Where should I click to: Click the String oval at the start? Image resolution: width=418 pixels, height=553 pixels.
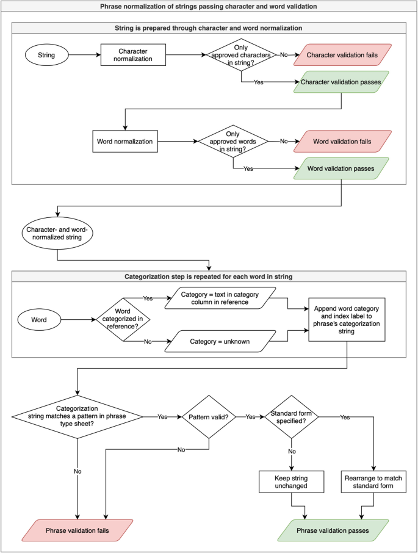pyautogui.click(x=46, y=55)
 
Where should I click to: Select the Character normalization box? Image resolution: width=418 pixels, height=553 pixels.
pyautogui.click(x=133, y=55)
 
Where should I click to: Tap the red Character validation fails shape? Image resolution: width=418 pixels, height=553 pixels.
pyautogui.click(x=342, y=55)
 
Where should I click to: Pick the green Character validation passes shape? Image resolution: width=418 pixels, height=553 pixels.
pyautogui.click(x=341, y=82)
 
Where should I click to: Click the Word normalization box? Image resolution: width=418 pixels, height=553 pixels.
pyautogui.click(x=125, y=142)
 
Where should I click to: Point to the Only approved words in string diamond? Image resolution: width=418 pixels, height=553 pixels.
pyautogui.click(x=233, y=142)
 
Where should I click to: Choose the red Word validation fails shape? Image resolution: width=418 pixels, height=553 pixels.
pyautogui.click(x=342, y=142)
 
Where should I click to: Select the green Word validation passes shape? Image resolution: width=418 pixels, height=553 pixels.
pyautogui.click(x=341, y=168)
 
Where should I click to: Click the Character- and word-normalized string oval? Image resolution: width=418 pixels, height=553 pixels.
pyautogui.click(x=57, y=234)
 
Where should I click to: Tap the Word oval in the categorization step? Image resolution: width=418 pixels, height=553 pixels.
pyautogui.click(x=39, y=320)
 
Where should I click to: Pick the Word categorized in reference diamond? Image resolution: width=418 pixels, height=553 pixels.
pyautogui.click(x=123, y=319)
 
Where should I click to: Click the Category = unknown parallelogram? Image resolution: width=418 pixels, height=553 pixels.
pyautogui.click(x=220, y=341)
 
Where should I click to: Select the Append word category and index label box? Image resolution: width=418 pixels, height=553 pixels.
pyautogui.click(x=347, y=320)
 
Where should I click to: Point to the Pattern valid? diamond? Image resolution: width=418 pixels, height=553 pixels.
pyautogui.click(x=209, y=417)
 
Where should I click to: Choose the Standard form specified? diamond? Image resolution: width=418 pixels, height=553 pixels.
pyautogui.click(x=292, y=417)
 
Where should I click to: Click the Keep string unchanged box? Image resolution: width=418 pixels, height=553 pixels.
pyautogui.click(x=292, y=482)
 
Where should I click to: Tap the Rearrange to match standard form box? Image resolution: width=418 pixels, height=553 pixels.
pyautogui.click(x=373, y=482)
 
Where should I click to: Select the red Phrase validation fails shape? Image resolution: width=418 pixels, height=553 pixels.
pyautogui.click(x=77, y=530)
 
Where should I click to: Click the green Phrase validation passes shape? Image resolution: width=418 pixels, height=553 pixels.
pyautogui.click(x=333, y=530)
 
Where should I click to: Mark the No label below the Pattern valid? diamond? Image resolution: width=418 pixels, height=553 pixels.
pyautogui.click(x=181, y=450)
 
